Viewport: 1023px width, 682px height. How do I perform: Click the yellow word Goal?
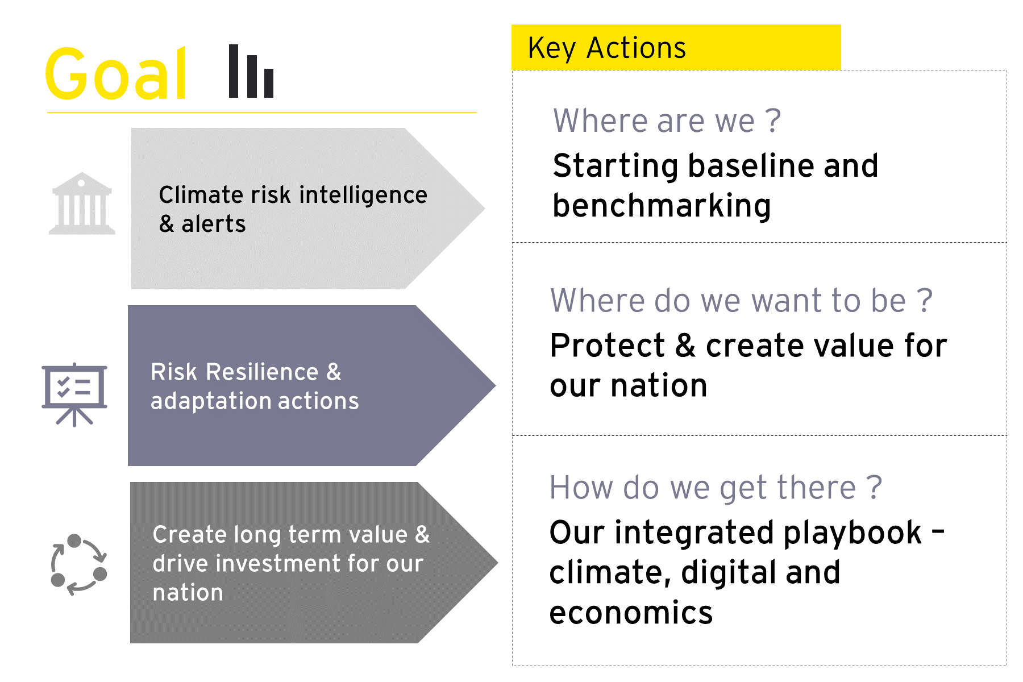[116, 74]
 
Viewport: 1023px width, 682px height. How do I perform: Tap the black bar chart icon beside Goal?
[251, 72]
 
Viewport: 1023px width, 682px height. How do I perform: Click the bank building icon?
[82, 204]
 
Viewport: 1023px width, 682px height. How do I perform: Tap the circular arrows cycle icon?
[78, 564]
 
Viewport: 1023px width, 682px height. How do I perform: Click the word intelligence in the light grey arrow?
[363, 196]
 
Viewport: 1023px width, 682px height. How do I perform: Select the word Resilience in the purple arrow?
[262, 372]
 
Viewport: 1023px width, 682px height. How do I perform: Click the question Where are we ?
[667, 121]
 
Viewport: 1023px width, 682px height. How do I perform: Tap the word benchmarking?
[662, 206]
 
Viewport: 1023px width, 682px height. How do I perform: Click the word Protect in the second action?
[607, 346]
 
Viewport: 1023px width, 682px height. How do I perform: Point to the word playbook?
[852, 533]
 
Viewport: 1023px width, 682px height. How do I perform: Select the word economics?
[631, 613]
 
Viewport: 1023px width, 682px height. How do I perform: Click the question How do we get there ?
[716, 488]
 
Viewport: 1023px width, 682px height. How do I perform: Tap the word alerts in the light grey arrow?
[213, 224]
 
